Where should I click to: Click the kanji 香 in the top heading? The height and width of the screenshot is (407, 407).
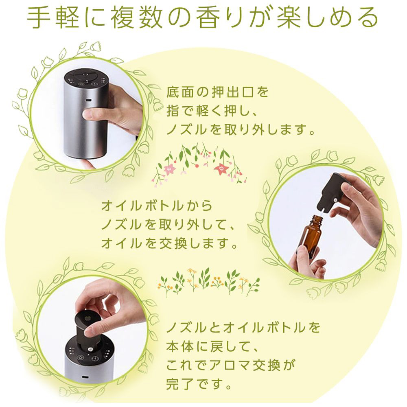208,18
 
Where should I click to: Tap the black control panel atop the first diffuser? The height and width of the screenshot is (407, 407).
86,77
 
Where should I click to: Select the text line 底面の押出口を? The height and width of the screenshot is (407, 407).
217,92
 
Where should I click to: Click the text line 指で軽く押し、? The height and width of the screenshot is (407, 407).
212,111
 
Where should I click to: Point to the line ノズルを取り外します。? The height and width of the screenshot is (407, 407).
241,129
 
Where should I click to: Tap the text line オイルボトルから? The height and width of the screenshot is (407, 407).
157,206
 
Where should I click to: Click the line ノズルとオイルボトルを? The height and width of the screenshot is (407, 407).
243,327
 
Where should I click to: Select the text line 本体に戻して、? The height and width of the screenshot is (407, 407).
212,346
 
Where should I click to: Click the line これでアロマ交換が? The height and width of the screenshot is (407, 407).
231,365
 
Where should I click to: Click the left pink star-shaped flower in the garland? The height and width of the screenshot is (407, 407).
169,169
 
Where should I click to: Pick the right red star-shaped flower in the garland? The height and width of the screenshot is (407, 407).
222,169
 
